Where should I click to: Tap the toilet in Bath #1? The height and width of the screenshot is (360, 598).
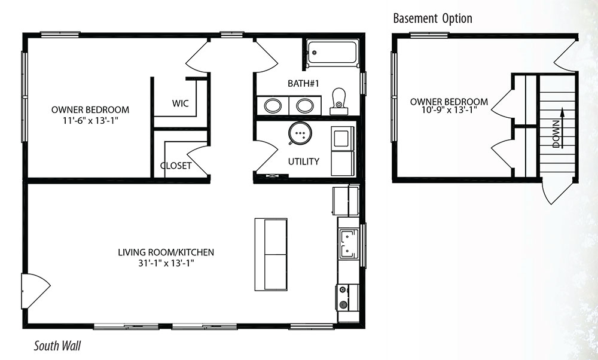coord(338,102)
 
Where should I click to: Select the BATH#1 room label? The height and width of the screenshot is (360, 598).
coord(303,83)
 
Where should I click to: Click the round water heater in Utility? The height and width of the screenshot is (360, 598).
coord(300,133)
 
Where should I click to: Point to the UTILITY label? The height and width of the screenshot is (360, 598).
coord(304,161)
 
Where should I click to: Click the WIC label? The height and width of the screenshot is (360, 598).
coord(180,103)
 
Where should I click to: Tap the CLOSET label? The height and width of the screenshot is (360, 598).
coord(175,166)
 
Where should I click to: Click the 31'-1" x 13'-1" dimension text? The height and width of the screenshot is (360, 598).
coord(167,263)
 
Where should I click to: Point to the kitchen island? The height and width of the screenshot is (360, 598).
coord(271,254)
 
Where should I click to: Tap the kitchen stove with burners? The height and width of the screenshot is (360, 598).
coord(347,298)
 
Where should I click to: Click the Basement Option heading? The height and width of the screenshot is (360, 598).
coord(432,18)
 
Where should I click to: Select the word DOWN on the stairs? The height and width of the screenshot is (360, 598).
coord(556,134)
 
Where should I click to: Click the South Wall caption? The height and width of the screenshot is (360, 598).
coord(57,346)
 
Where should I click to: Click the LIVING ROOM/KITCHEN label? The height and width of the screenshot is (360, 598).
coord(166,252)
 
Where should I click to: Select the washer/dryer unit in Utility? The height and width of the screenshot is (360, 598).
coord(343,151)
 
